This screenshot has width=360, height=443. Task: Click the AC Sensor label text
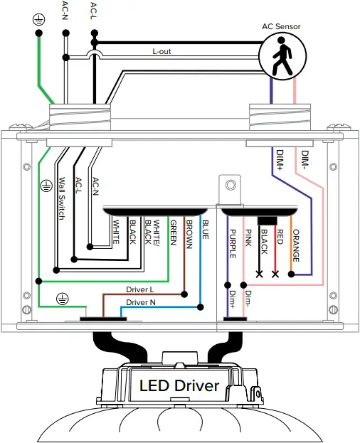click(x=281, y=26)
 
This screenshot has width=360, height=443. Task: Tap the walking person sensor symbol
click(x=283, y=56)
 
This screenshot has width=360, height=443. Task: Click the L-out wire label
click(x=162, y=51)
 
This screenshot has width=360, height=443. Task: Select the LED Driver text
click(x=179, y=386)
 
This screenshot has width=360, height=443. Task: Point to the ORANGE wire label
click(x=296, y=245)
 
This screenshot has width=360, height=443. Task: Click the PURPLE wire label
click(x=232, y=243)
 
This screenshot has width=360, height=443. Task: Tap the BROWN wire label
click(x=189, y=235)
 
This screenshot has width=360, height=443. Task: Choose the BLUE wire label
click(x=206, y=230)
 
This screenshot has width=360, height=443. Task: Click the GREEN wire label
click(x=173, y=233)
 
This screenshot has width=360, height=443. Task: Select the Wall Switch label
click(x=62, y=198)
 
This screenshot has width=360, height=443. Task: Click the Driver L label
click(x=140, y=289)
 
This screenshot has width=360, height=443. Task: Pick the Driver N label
click(x=141, y=302)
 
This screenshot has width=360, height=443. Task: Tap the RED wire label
click(x=280, y=237)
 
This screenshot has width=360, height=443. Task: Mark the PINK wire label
click(x=248, y=237)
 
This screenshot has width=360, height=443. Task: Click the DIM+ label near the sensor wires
click(x=280, y=160)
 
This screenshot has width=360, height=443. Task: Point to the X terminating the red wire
click(x=275, y=274)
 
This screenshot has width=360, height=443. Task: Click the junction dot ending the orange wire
click(x=291, y=274)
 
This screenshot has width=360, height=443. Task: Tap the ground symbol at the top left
click(x=38, y=20)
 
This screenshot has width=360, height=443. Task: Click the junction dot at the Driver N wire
click(x=201, y=307)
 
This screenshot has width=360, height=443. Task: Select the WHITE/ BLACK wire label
click(x=152, y=233)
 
